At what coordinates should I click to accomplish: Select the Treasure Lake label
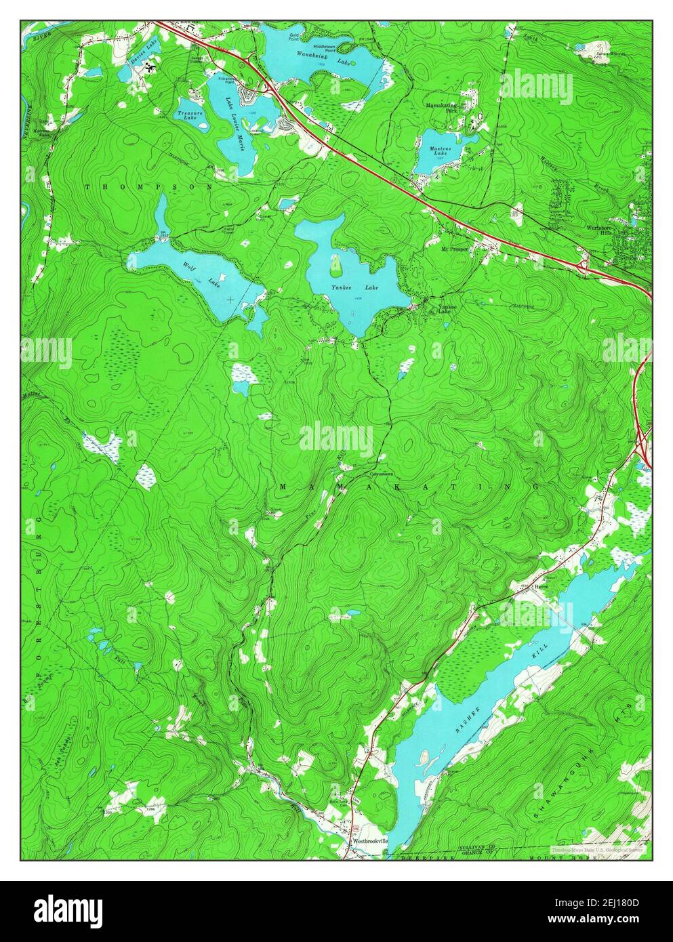tap(188, 114)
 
